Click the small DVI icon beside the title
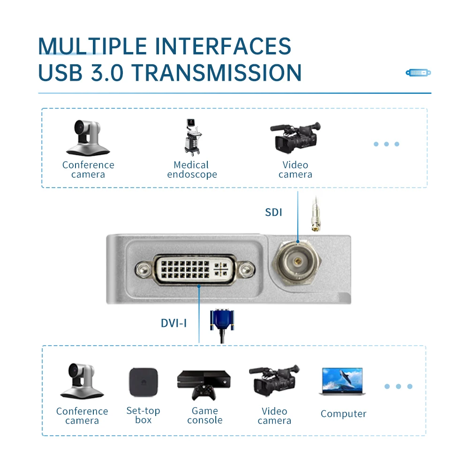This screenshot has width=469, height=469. point(418,73)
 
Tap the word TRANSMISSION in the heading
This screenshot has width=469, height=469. point(216,73)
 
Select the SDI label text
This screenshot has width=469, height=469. point(273,212)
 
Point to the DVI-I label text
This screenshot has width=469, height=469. point(174,323)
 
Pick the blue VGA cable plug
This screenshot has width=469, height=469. point(222,321)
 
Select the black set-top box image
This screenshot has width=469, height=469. point(143,384)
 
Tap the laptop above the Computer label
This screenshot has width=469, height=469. point(342,381)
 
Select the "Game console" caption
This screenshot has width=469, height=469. point(205,416)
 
